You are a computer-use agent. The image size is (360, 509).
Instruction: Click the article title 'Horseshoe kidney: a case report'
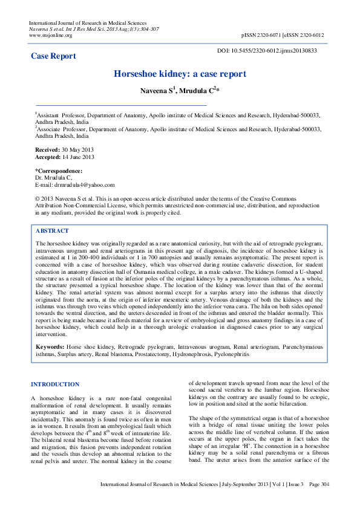click(180, 74)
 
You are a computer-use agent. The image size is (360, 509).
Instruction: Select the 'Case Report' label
click(53, 56)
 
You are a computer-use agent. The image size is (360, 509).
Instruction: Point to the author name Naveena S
click(157, 90)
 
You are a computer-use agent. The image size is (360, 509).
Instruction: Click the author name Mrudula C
click(199, 90)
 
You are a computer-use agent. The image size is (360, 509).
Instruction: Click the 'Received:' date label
click(48, 149)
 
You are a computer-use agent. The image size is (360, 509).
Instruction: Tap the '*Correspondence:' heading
click(59, 171)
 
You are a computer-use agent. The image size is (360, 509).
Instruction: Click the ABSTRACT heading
click(52, 231)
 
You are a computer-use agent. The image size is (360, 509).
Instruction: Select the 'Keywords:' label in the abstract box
click(50, 348)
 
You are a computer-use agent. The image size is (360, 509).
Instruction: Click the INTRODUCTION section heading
click(55, 384)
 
